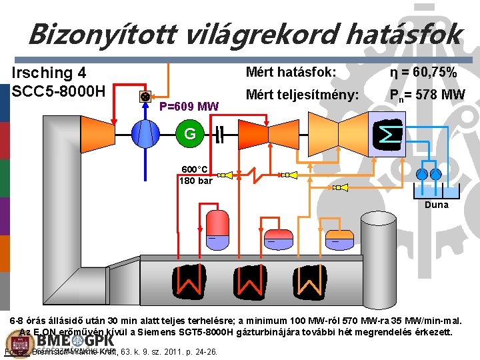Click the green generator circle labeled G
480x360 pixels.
190,134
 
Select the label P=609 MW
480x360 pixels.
189,106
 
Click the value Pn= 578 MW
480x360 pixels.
427,95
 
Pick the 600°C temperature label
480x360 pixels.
193,169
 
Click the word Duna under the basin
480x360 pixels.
437,205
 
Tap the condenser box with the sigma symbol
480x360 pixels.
387,135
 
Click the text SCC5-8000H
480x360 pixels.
59,90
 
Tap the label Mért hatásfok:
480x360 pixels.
291,72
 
